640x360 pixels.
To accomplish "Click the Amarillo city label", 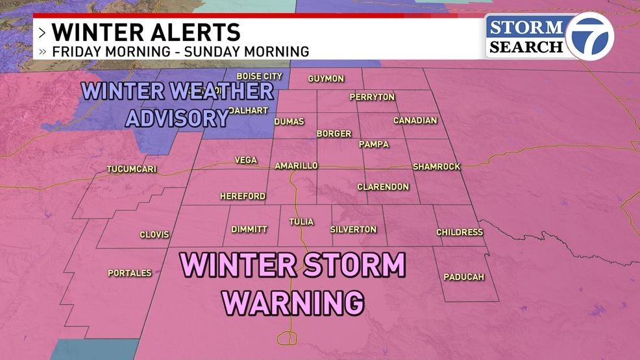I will point(296,166).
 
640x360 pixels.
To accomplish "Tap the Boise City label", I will point(259,77).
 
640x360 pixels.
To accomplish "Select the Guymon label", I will point(326,78).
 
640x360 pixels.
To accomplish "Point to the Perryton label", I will point(372,97).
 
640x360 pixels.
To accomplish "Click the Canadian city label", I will point(415,121).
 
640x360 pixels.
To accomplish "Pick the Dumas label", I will point(289,121).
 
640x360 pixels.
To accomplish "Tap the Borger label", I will point(334,134).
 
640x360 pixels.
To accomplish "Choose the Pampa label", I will point(374,144).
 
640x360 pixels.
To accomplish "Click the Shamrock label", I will point(436,167).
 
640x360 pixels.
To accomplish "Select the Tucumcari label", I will point(132,170).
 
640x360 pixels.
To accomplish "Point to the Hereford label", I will point(243,196).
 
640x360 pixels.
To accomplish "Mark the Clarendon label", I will point(383,187).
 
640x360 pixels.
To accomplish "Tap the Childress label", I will point(460,232).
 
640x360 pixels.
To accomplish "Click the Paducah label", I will point(464,277).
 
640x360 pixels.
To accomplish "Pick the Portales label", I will point(130,273).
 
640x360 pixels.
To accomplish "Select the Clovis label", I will point(154,235).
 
